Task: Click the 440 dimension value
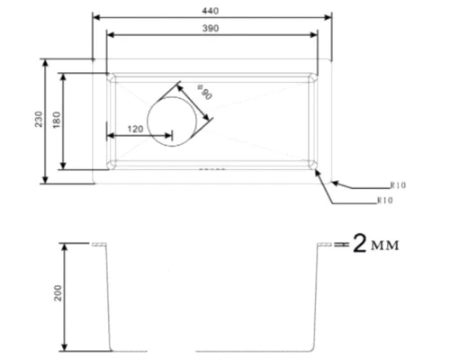pyautogui.click(x=211, y=10)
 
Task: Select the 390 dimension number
pyautogui.click(x=212, y=28)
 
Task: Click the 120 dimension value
pyautogui.click(x=136, y=129)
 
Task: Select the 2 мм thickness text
pyautogui.click(x=374, y=245)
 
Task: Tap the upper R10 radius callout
pyautogui.click(x=399, y=184)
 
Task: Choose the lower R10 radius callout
pyautogui.click(x=384, y=199)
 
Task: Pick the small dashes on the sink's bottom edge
pyautogui.click(x=211, y=168)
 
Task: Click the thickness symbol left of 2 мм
pyautogui.click(x=337, y=245)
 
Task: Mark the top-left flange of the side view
pyautogui.click(x=98, y=244)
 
